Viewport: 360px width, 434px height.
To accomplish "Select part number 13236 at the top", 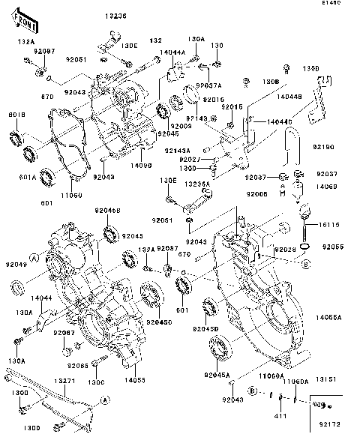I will [x=115, y=16].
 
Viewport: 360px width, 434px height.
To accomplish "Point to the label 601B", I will [x=17, y=115].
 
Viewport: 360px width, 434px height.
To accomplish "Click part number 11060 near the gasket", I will [x=70, y=193].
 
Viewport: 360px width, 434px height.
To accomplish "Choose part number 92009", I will [x=180, y=127].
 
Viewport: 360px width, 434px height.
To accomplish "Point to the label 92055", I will [x=333, y=246].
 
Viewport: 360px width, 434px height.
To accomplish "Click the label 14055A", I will [x=328, y=318].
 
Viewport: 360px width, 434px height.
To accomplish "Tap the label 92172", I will [x=331, y=425].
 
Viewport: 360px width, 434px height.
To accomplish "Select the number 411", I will [x=280, y=416].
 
